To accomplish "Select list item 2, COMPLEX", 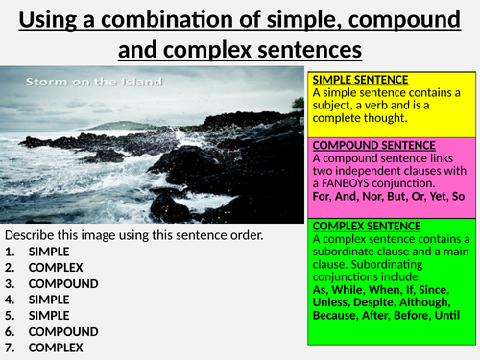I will (56, 268).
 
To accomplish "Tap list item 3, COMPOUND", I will (63, 284).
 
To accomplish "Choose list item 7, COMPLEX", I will (56, 348).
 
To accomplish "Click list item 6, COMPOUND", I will (63, 331).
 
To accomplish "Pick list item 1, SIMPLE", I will (49, 252).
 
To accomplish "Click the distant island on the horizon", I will (136, 124).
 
